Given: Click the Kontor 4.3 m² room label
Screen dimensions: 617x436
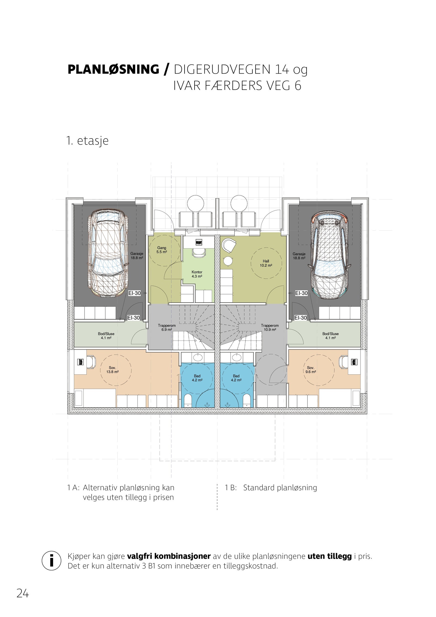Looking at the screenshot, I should coord(197,274).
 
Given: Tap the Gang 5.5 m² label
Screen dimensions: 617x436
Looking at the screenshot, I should coord(162,250).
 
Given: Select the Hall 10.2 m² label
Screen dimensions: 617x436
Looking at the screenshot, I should coord(266,263).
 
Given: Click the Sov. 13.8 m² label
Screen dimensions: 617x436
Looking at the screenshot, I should coord(112,370).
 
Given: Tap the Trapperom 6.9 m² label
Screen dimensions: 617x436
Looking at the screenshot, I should coord(166,327).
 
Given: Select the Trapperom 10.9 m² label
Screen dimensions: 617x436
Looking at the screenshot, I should coord(270,327).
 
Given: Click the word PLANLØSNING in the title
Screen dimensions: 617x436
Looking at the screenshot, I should coord(113,70).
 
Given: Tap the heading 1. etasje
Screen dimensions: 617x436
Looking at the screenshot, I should coord(87,141).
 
